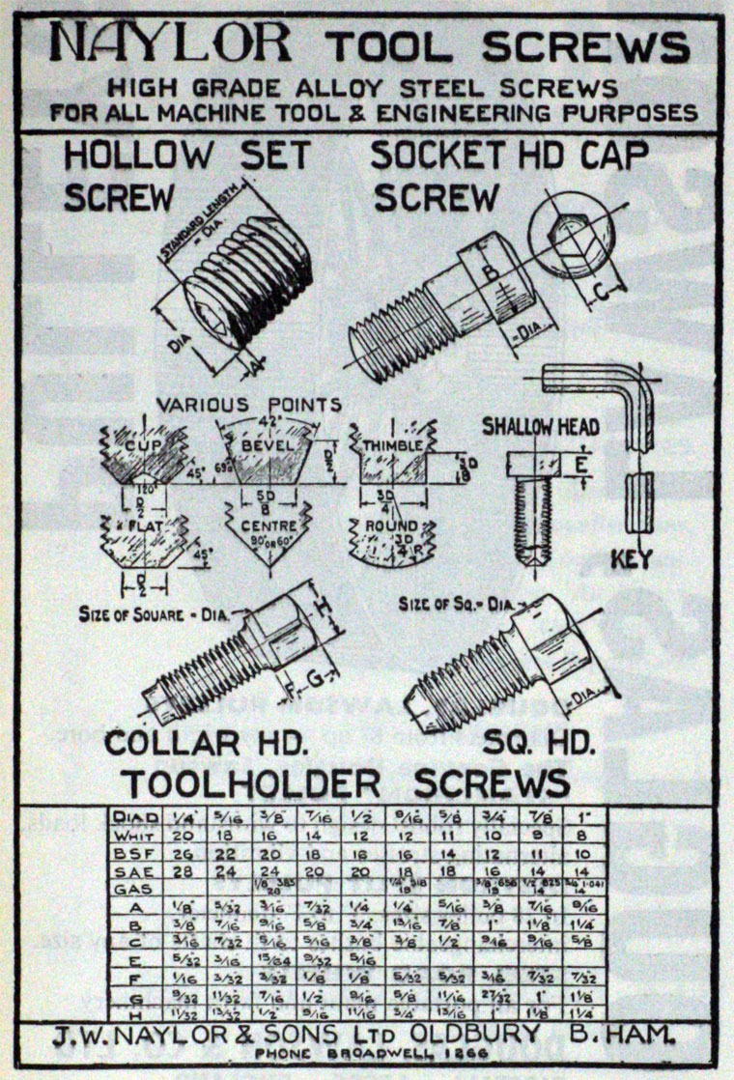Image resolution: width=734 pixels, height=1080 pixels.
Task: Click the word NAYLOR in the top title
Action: (x=170, y=44)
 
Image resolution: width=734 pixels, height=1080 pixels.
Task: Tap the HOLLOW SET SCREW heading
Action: (x=185, y=175)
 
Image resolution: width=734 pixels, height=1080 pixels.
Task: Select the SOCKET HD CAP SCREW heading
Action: (x=509, y=175)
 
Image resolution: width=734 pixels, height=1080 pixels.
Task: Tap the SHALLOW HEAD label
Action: (x=541, y=426)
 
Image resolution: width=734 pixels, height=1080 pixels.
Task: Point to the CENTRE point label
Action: (x=261, y=526)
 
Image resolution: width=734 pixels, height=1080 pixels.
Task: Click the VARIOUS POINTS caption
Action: (x=250, y=405)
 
